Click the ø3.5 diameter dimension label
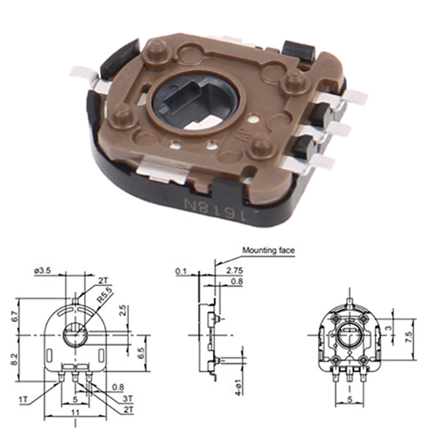click(42, 272)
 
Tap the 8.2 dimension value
click(20, 359)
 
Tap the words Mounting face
click(268, 250)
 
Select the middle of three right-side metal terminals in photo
click(335, 129)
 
